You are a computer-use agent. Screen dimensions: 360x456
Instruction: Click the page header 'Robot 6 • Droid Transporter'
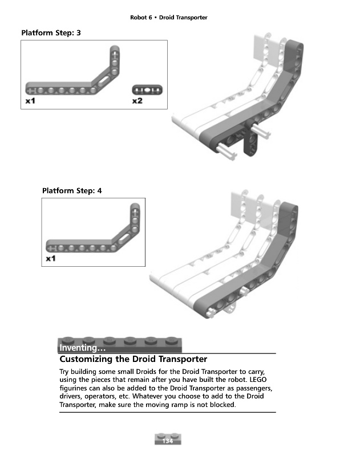168,18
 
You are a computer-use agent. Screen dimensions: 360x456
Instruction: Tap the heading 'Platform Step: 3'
51,33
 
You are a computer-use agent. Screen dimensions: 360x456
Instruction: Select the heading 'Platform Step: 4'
72,191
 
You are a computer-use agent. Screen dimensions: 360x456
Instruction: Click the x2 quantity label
137,101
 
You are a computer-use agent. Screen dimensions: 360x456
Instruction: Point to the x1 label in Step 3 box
31,101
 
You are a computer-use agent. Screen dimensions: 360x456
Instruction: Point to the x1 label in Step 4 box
51,259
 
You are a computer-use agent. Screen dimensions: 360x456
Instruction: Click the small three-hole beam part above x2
147,90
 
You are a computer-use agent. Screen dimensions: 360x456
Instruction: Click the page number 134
168,441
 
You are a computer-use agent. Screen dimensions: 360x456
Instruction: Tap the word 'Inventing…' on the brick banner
82,348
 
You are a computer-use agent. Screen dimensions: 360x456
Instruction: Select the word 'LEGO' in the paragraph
258,380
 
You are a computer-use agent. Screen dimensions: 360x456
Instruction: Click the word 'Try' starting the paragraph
64,372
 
